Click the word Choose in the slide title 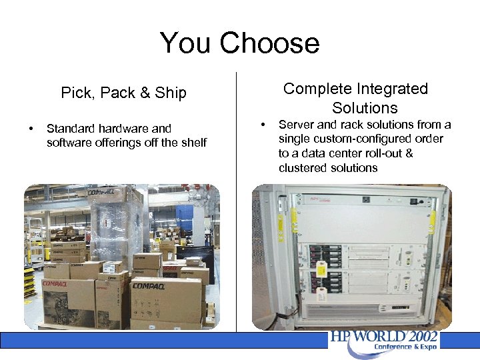270,44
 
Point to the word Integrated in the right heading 392,89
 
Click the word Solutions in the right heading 365,108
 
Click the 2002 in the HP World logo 421,337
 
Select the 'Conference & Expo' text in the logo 405,347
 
